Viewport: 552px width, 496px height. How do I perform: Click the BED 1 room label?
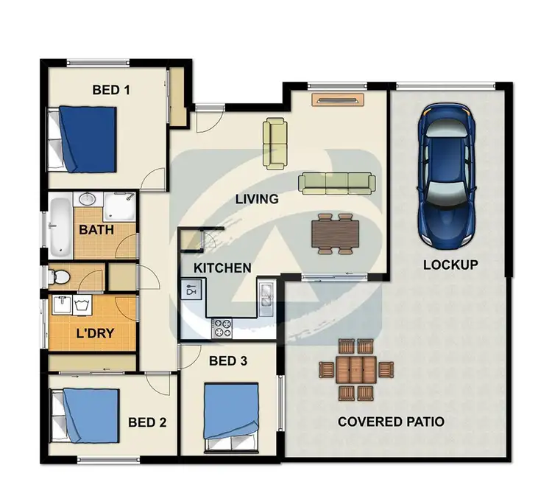pos(111,90)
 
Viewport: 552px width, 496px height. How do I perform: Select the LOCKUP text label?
pos(450,265)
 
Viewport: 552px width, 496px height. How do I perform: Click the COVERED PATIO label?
pos(390,422)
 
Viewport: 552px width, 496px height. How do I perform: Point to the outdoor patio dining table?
pos(357,369)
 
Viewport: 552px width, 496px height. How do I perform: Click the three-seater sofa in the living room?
pos(336,183)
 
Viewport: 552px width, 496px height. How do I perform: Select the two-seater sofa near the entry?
pos(276,142)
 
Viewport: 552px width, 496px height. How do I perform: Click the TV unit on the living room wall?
pos(337,100)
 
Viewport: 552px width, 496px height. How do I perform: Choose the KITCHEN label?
pos(222,268)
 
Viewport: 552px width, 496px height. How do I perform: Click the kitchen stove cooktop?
pos(222,326)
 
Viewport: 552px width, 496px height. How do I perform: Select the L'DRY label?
pos(95,333)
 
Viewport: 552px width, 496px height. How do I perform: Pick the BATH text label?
pos(96,231)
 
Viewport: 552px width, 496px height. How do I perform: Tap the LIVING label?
pos(257,199)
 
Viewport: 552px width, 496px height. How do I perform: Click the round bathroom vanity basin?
pos(88,199)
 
